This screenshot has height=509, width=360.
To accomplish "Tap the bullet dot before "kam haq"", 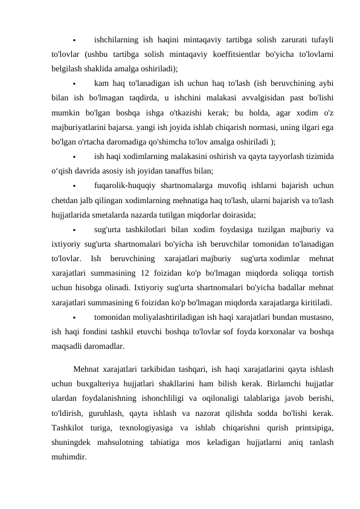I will (72, 83).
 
